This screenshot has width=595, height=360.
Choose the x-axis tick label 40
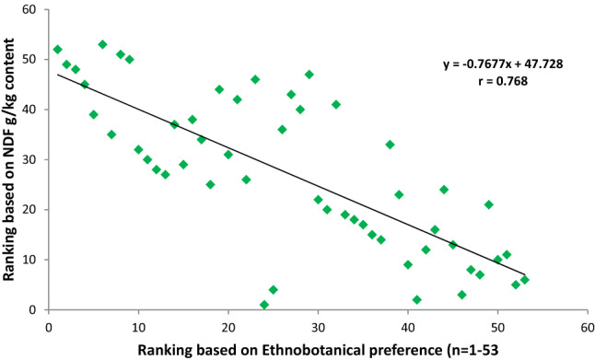click(x=408, y=324)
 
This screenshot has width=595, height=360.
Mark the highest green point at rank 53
click(x=102, y=44)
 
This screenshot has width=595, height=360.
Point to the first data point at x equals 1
click(x=58, y=50)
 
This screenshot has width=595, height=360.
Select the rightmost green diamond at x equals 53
click(x=525, y=280)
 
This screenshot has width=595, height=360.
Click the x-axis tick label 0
click(x=49, y=324)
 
